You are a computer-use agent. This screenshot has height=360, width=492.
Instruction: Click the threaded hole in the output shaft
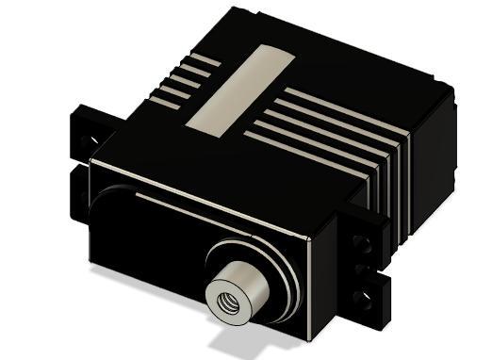click(228, 303)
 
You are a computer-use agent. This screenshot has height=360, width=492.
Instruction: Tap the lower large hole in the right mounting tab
click(358, 299)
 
